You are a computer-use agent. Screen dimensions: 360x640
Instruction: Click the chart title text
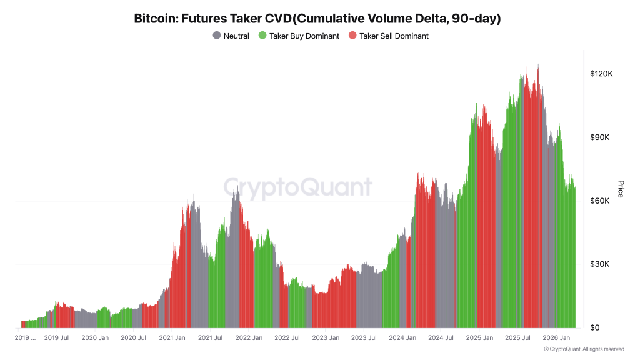tap(317, 19)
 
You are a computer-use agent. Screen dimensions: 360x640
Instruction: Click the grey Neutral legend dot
tap(217, 36)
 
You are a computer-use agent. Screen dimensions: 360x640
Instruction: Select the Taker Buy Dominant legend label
tap(304, 36)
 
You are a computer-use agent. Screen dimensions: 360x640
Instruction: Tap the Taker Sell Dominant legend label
tap(394, 36)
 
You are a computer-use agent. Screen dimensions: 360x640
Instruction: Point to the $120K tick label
tap(601, 74)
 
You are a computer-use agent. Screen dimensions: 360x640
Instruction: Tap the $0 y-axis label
tap(595, 328)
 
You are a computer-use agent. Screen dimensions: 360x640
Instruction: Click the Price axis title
tap(621, 189)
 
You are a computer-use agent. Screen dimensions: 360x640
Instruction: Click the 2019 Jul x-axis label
tap(56, 338)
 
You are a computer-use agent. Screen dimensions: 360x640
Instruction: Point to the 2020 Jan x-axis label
tap(96, 338)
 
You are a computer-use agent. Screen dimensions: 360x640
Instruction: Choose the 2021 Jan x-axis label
tap(172, 338)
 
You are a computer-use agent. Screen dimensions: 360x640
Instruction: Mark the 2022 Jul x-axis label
tap(287, 338)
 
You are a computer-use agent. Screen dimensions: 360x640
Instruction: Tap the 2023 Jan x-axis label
tap(326, 338)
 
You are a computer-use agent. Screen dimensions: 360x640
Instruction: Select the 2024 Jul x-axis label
tap(441, 338)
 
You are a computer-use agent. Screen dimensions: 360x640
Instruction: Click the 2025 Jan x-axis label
tap(480, 338)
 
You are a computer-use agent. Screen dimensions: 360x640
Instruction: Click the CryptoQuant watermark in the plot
tap(298, 187)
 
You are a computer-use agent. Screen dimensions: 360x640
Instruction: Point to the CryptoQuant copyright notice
tap(584, 349)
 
